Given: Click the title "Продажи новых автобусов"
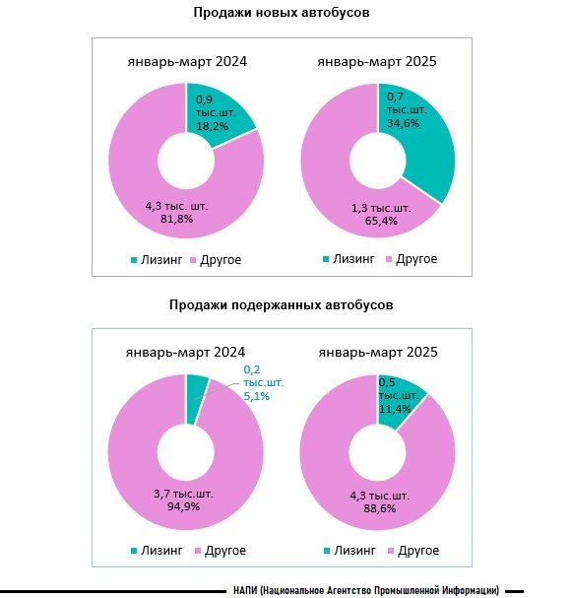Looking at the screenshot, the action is pos(282,12).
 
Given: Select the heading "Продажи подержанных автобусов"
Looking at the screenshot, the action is pos(281,304).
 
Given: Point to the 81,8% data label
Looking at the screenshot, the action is pos(176,219).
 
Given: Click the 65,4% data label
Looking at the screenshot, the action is pos(381,221).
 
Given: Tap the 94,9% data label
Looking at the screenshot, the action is pos(184,506).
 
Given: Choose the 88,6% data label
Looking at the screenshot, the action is pos(380,508).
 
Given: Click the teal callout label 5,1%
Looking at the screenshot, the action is pos(257,396).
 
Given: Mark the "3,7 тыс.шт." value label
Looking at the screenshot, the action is pos(183,494).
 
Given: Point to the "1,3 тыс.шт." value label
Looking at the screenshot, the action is pos(381,208).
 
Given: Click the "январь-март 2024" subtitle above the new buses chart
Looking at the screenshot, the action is pos(187,61).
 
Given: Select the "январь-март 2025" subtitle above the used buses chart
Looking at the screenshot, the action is pos(378,352).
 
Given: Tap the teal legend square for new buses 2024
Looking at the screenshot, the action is pos(134,260).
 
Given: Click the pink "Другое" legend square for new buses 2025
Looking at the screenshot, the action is pos(389,259).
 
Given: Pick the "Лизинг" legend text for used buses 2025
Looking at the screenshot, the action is pos(354,551).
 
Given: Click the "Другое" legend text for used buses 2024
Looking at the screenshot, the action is pos(225,551).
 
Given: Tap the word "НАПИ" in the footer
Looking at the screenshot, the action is pos(245,590).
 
